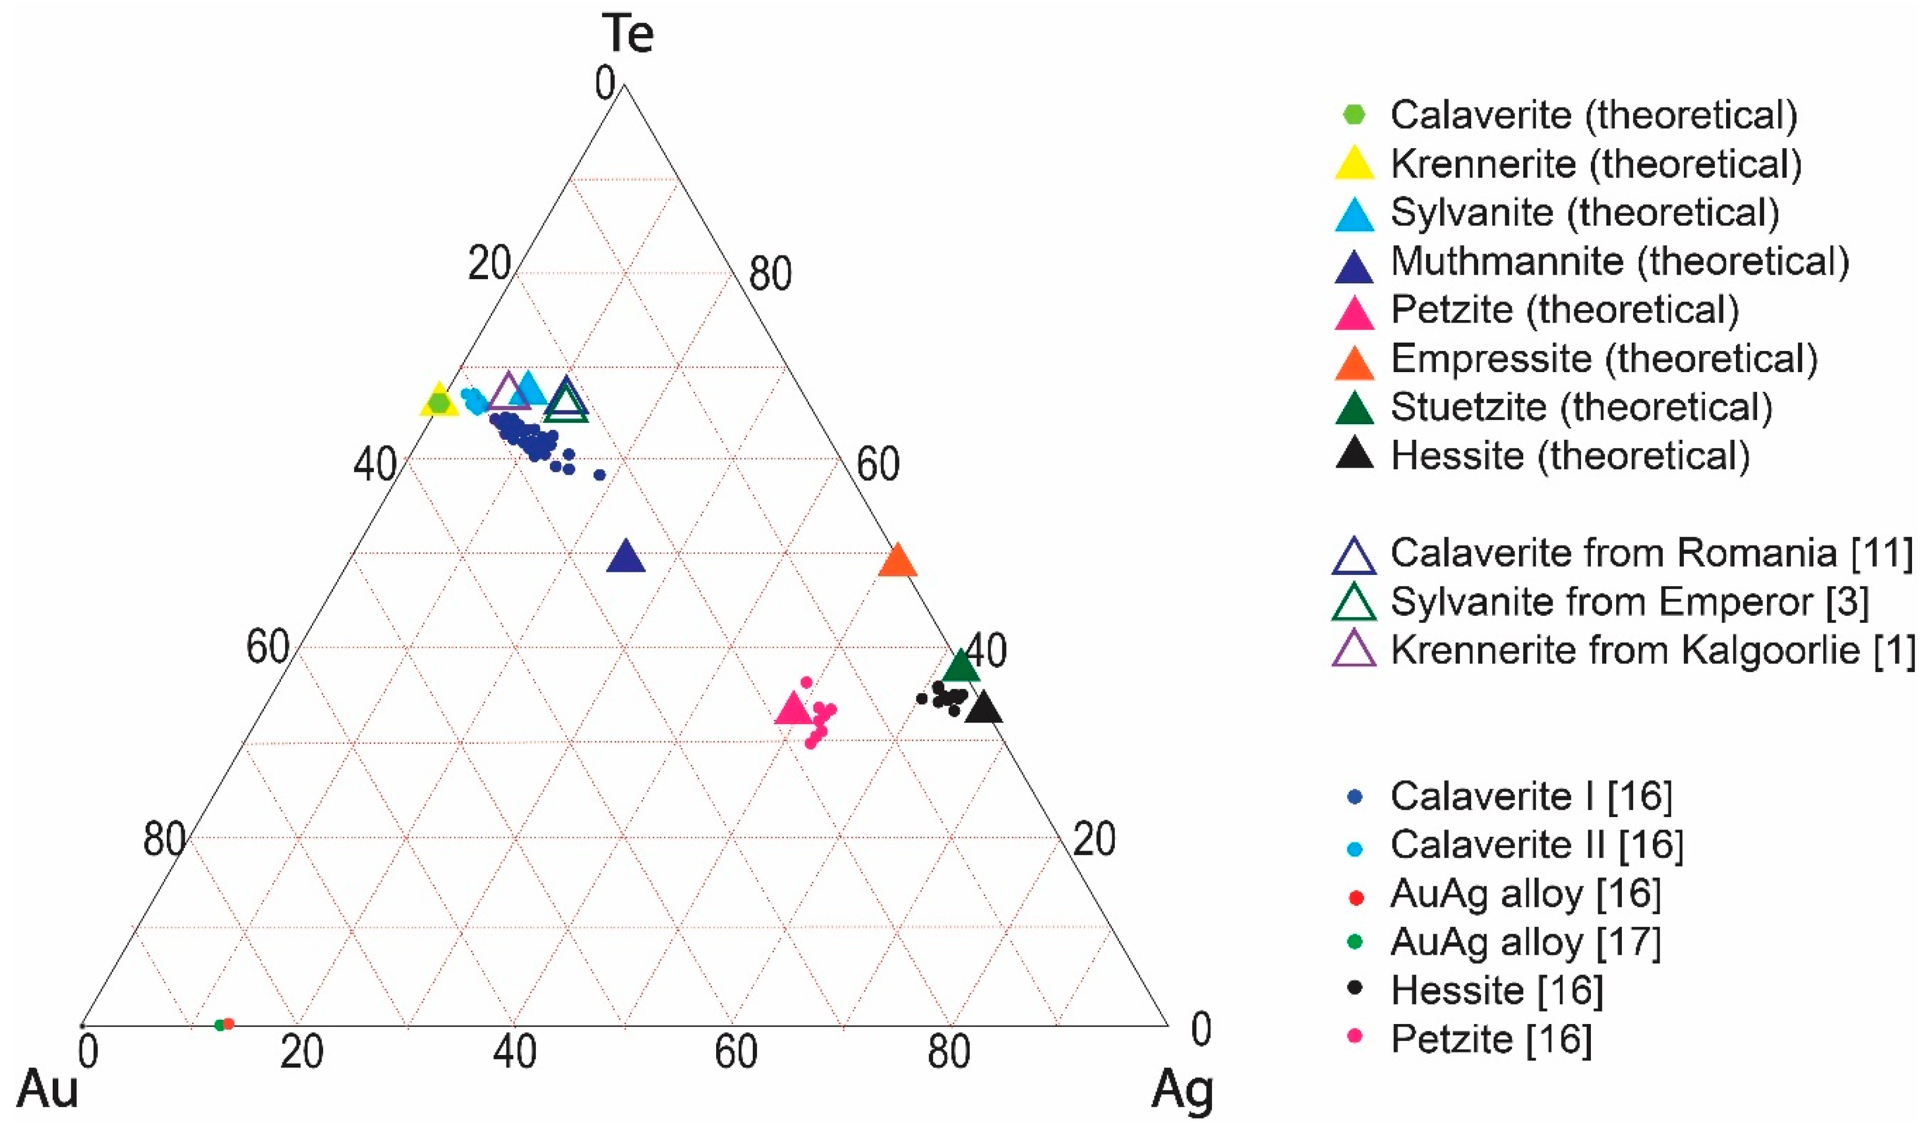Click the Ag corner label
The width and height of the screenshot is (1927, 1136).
(x=1183, y=1091)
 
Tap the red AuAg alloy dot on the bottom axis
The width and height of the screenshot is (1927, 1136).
(x=228, y=1023)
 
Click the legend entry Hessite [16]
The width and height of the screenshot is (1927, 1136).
(x=1497, y=990)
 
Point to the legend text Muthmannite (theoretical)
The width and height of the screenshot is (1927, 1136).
(x=1620, y=262)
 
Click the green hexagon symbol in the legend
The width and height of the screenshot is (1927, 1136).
(x=1354, y=115)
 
